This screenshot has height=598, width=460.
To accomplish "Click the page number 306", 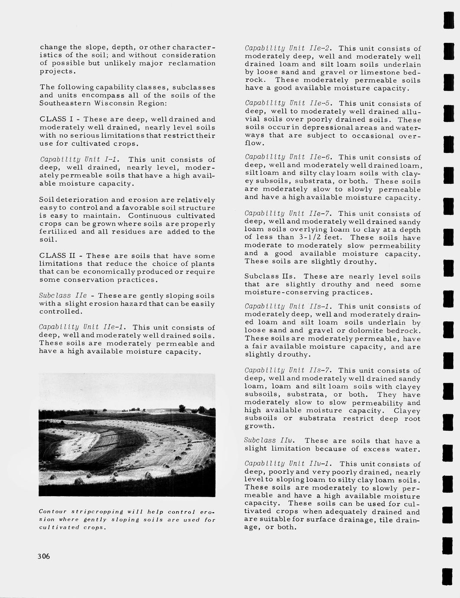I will (43, 556).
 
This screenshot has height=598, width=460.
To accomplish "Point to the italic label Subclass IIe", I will (63, 296).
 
